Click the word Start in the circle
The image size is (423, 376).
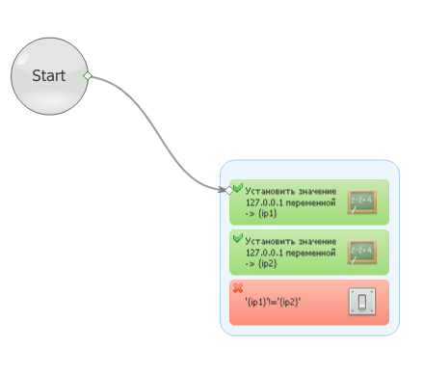tap(49, 76)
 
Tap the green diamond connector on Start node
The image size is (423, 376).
tap(88, 76)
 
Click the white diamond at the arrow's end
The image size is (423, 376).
tap(229, 191)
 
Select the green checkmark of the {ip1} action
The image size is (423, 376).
tap(238, 188)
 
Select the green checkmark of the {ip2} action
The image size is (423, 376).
tap(238, 238)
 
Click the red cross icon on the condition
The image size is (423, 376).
tap(238, 287)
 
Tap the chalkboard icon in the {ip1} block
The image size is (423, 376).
tap(362, 201)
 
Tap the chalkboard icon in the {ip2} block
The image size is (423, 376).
tap(362, 252)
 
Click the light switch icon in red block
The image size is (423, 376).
tap(362, 302)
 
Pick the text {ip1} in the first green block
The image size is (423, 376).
tap(267, 213)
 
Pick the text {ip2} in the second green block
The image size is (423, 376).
tap(267, 263)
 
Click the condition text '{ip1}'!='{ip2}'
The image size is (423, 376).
tap(273, 302)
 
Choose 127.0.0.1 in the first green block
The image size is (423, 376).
tap(265, 202)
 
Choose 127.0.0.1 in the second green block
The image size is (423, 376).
tap(265, 253)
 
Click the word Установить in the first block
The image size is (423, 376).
tap(270, 191)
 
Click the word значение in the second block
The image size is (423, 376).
tap(317, 241)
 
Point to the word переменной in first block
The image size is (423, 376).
tap(310, 203)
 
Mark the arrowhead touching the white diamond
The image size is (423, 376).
tap(222, 190)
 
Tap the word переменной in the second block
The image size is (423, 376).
tap(310, 254)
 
